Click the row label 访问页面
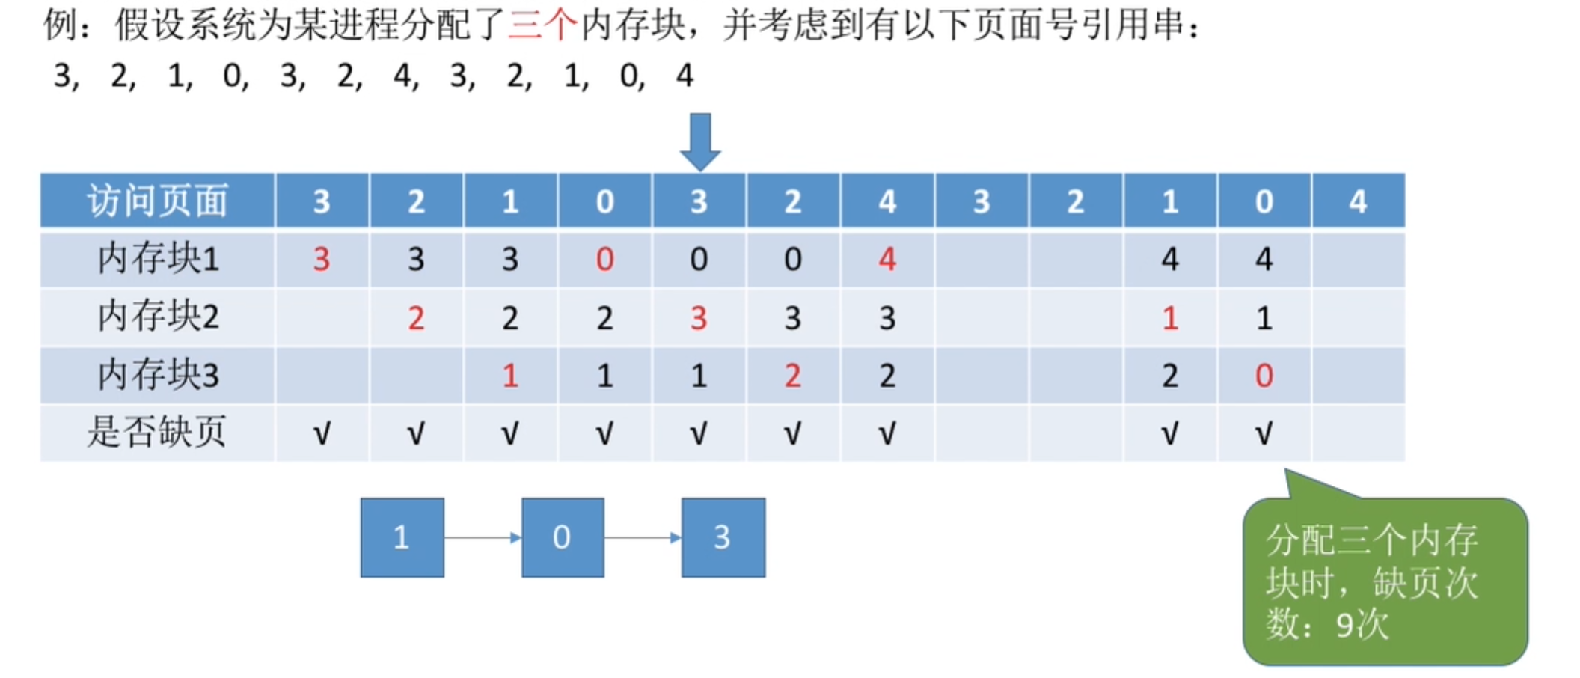[x=157, y=201]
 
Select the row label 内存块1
[x=158, y=259]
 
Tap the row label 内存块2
[x=158, y=317]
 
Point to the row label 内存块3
[x=158, y=374]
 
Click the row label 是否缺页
[x=157, y=432]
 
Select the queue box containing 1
[x=402, y=537]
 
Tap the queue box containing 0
[x=563, y=537]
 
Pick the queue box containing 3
[x=723, y=537]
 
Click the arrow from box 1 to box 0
[x=483, y=537]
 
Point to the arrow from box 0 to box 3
[x=643, y=537]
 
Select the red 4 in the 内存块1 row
[x=887, y=259]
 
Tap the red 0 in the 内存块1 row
[x=604, y=259]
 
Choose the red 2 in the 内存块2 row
[x=416, y=317]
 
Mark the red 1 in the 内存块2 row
[x=1170, y=317]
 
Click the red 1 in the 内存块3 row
[x=510, y=375]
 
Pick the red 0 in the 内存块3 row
[x=1264, y=375]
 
